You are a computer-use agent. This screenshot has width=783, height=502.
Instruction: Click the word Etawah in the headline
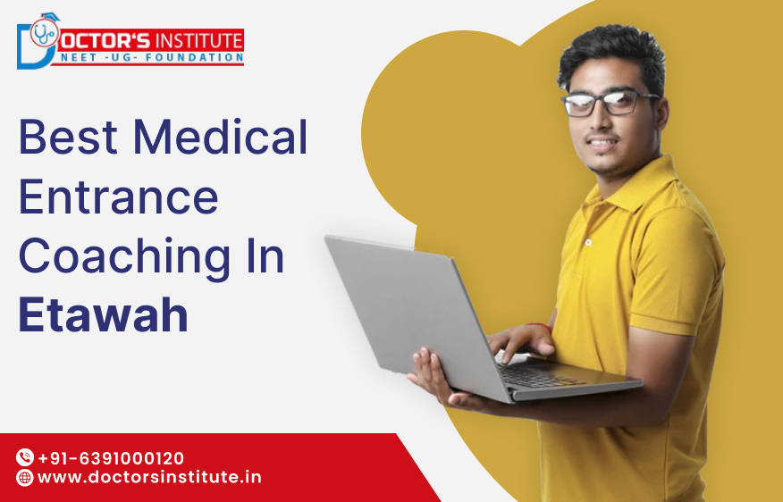coord(104,315)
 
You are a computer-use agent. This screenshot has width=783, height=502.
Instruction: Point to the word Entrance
coord(118,197)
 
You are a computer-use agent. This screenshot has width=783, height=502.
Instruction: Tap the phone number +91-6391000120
coord(111,458)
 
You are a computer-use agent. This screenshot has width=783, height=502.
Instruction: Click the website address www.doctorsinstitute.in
coord(149,478)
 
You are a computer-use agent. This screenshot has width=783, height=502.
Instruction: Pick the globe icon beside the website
coord(25,478)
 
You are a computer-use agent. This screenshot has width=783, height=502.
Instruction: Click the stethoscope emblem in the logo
coord(42,34)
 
